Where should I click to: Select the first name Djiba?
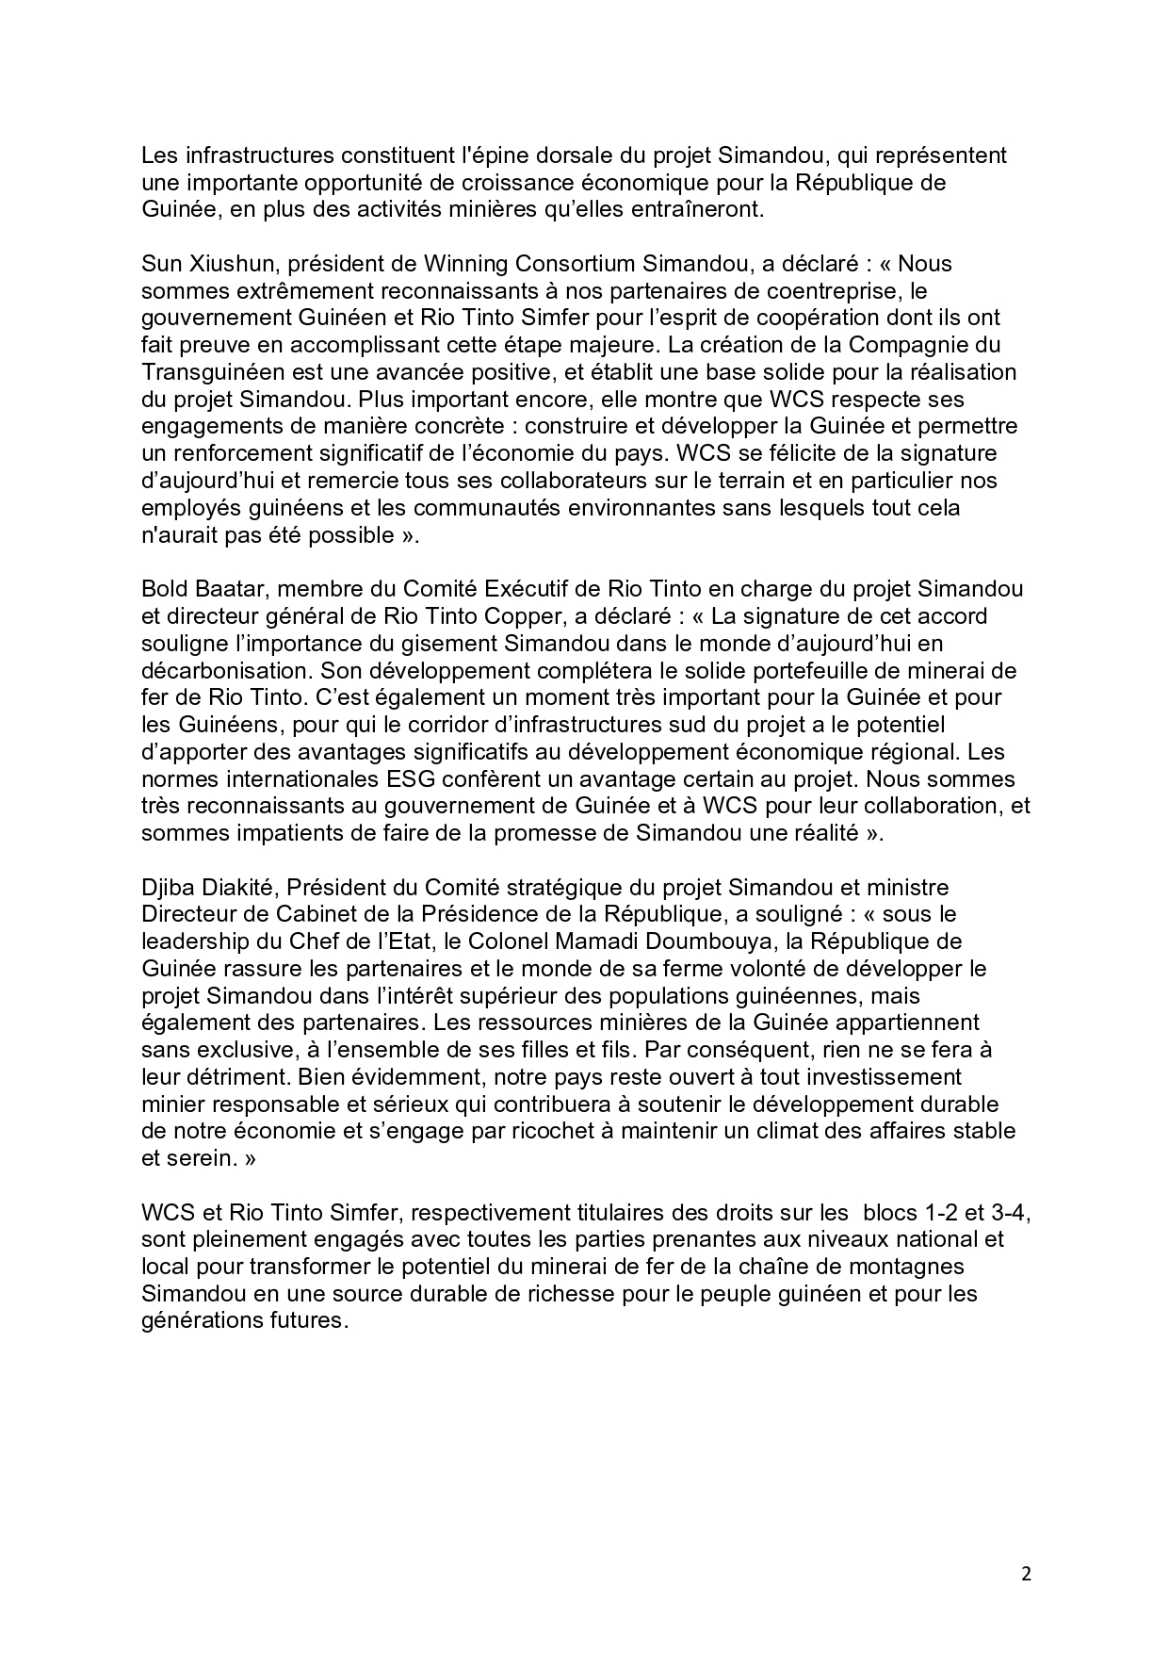pyautogui.click(x=166, y=887)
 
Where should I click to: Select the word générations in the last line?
pyautogui.click(x=196, y=1321)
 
